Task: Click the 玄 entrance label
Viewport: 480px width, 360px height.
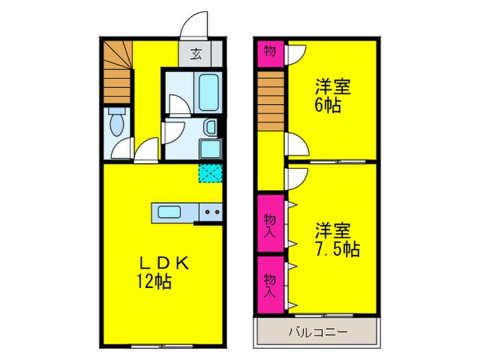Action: pos(195,53)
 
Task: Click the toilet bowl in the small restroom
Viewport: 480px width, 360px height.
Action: pos(117,123)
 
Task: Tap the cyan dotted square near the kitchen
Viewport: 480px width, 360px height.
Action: pos(208,173)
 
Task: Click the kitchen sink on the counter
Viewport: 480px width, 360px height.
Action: pos(169,212)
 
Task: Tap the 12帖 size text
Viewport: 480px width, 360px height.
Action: pos(153,280)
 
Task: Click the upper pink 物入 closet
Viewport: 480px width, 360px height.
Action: pos(271,224)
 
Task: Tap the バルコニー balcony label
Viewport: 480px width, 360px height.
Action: pos(316,331)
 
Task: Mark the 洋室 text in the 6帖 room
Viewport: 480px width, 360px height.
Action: pos(333,87)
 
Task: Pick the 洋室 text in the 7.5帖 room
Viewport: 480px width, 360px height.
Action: pos(333,230)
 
